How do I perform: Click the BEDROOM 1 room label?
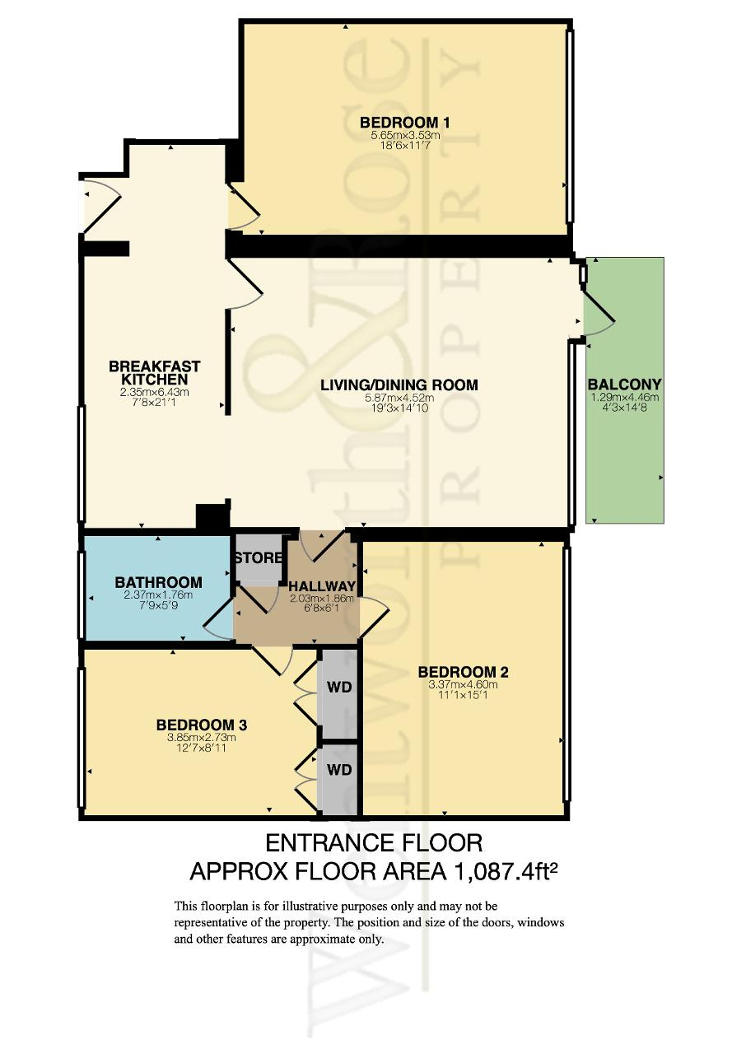404,123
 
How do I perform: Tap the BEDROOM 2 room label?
463,672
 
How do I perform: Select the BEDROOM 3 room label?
201,725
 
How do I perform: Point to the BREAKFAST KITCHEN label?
154,373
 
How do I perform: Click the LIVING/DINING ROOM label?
399,385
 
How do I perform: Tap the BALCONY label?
624,385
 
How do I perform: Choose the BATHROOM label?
159,582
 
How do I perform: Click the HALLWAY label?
322,586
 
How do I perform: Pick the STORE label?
259,558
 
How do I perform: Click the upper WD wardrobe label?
339,687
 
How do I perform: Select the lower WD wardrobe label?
339,770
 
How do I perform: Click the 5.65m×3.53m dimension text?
405,136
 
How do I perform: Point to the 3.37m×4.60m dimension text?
463,684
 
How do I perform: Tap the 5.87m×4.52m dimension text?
399,398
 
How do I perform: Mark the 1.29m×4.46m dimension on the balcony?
625,397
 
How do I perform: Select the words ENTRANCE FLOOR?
374,842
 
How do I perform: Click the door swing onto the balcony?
599,315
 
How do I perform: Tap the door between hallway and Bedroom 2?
375,618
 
